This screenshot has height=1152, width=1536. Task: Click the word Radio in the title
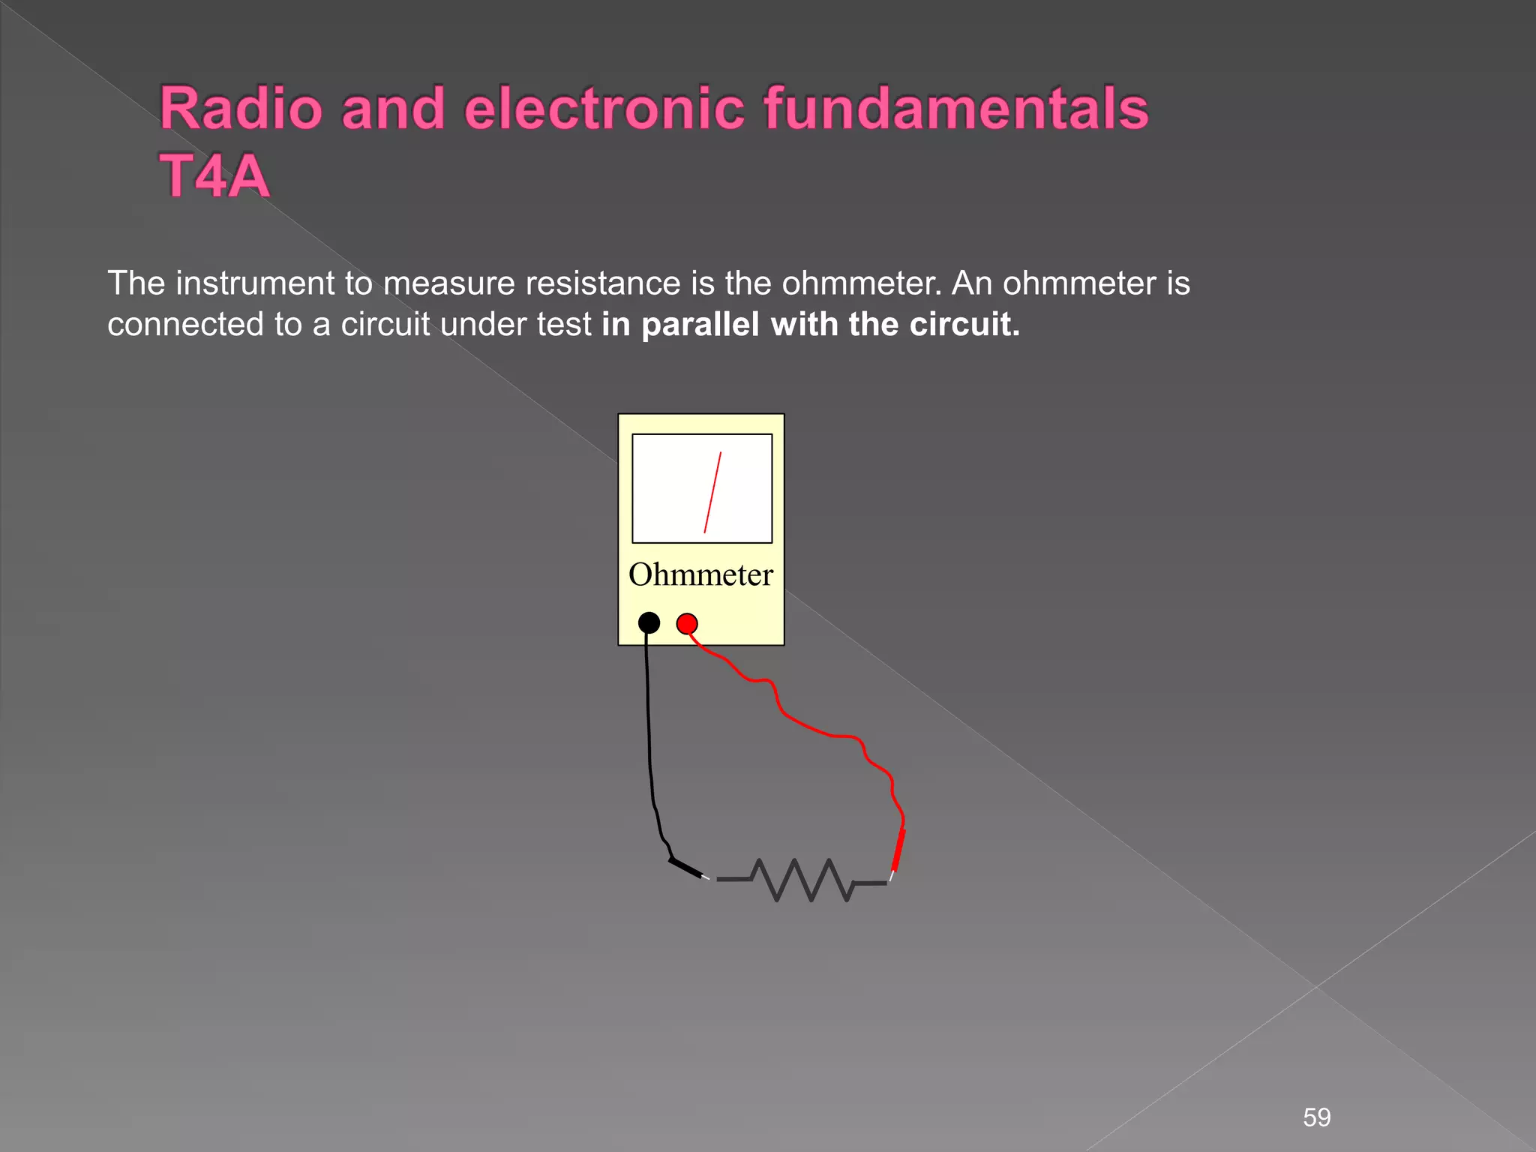point(241,109)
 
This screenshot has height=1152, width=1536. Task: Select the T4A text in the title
point(214,177)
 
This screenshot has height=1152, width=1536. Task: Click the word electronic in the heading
point(604,109)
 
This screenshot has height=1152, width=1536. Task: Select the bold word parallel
point(702,325)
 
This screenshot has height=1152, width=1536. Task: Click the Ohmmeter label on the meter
point(700,575)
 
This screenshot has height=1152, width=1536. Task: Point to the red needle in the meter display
point(712,492)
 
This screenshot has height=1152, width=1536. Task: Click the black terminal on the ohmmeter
point(649,622)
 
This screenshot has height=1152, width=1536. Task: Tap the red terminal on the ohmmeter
point(687,623)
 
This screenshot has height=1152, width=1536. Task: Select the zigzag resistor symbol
point(802,880)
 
